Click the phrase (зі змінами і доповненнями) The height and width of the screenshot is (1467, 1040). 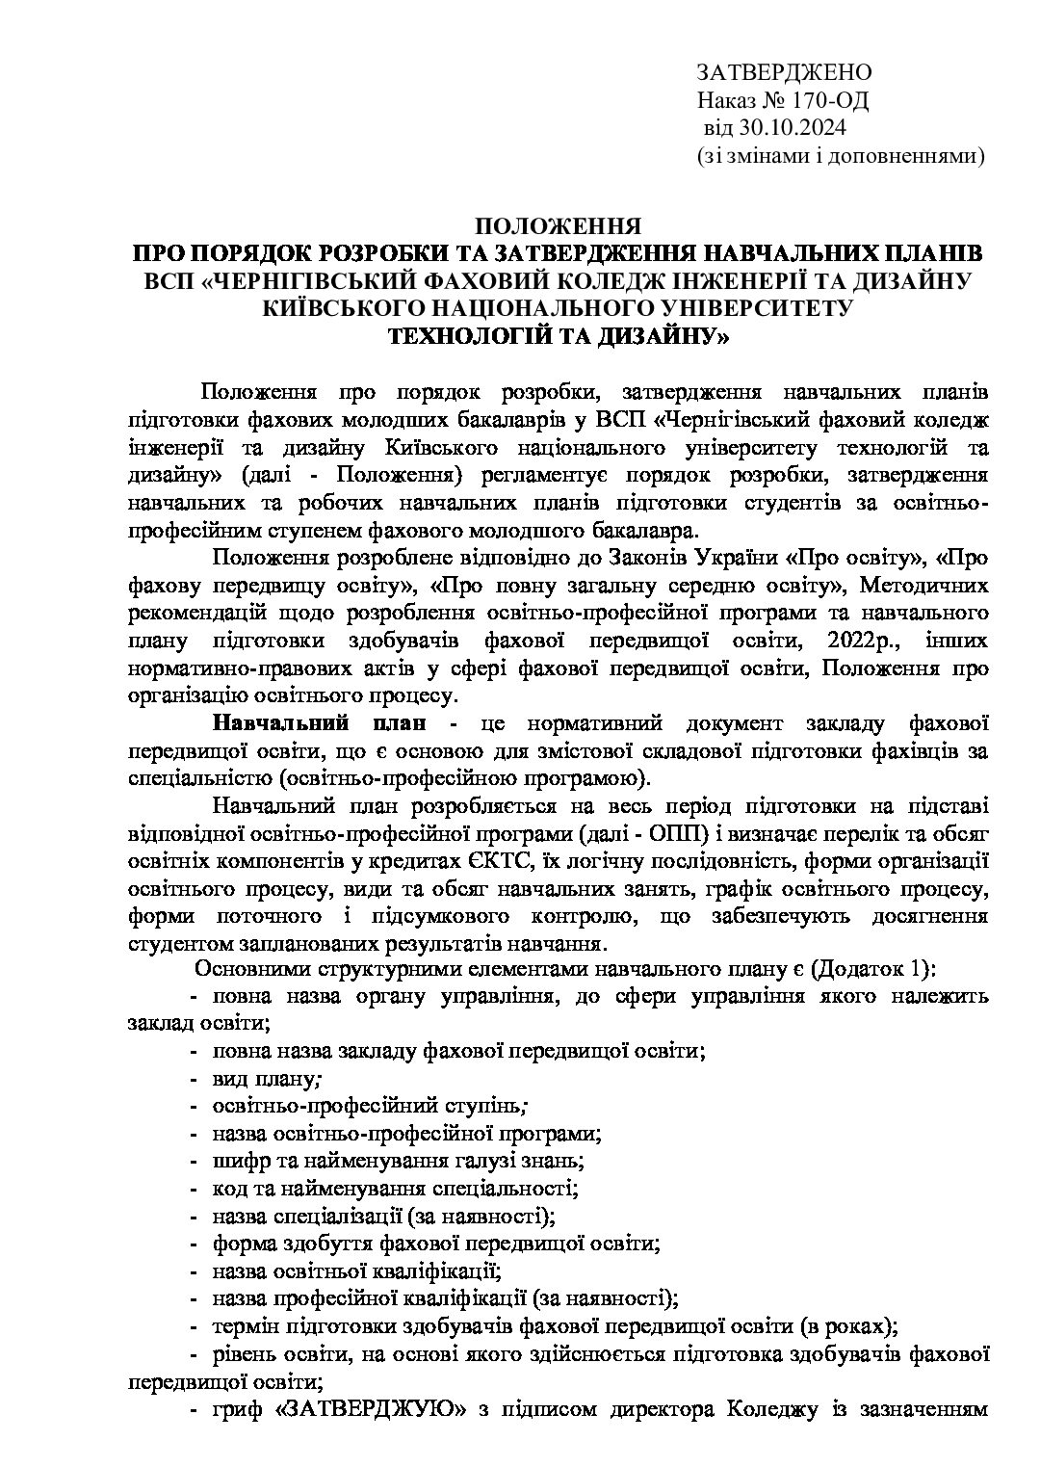[840, 154]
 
